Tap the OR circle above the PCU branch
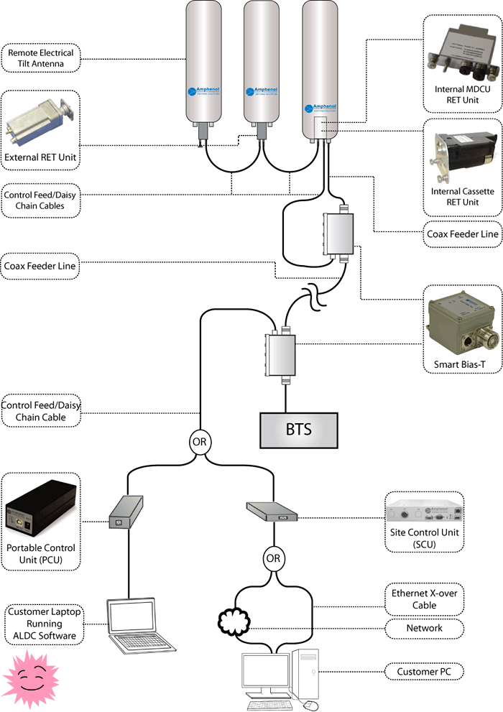(x=199, y=441)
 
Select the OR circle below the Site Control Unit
(x=273, y=558)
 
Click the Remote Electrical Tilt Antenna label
(x=41, y=58)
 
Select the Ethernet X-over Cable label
(x=424, y=598)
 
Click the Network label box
(x=424, y=628)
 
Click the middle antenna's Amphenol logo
(x=259, y=93)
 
